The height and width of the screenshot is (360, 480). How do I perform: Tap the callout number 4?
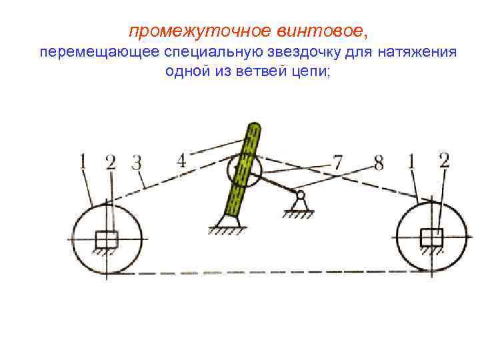(x=181, y=161)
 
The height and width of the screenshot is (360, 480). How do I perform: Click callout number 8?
(x=379, y=161)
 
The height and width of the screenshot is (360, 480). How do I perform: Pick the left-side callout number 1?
(x=82, y=161)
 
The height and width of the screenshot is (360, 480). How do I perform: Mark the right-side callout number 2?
(x=444, y=160)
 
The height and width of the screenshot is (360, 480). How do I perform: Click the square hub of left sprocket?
(x=106, y=239)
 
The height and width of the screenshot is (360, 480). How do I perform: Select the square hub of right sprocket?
(x=431, y=237)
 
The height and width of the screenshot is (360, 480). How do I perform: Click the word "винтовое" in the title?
(x=323, y=31)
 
